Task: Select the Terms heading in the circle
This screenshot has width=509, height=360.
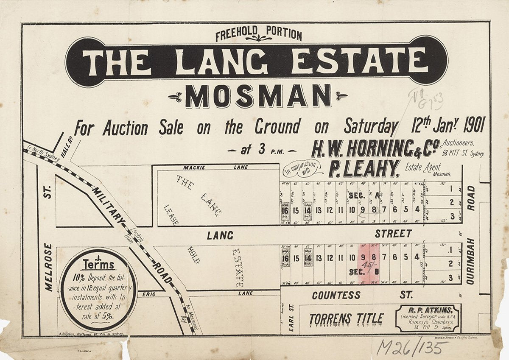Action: [98, 265]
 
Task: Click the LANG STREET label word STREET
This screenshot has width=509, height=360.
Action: [393, 234]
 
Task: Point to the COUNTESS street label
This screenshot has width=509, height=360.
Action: [336, 295]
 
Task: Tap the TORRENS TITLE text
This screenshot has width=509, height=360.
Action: [346, 318]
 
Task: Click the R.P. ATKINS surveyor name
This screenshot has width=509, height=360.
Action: [428, 309]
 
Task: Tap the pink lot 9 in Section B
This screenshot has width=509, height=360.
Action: [363, 257]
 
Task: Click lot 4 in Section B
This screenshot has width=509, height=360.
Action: [417, 257]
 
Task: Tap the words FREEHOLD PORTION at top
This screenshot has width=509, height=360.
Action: [258, 34]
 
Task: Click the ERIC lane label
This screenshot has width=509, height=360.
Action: [149, 293]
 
